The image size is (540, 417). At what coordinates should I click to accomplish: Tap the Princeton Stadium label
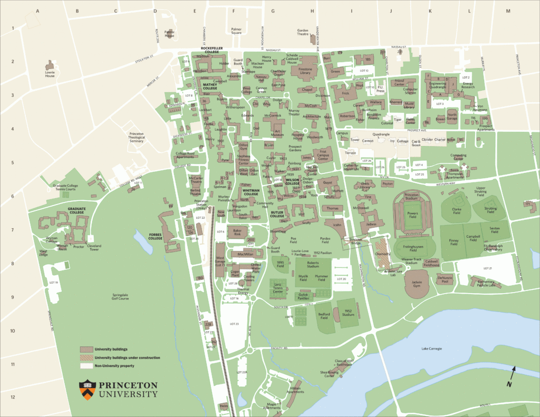click(x=412, y=197)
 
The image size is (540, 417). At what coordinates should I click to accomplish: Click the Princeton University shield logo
click(x=87, y=388)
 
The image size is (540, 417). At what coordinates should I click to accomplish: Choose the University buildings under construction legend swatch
click(x=86, y=357)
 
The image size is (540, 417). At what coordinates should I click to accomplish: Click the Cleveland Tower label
click(x=95, y=248)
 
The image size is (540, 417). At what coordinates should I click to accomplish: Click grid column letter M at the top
click(x=508, y=11)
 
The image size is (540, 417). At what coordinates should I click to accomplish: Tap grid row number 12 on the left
click(x=12, y=397)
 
